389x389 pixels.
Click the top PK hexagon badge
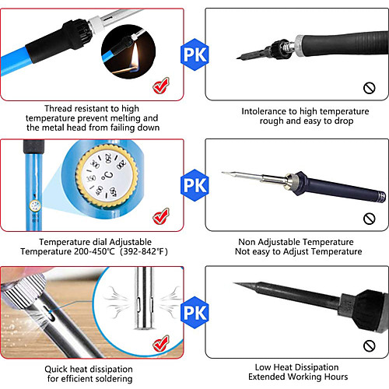click(x=194, y=54)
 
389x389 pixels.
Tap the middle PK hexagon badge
click(x=194, y=185)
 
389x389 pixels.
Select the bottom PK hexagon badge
click(x=194, y=313)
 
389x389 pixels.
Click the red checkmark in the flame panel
click(x=161, y=86)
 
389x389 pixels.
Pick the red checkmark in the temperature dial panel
click(x=161, y=216)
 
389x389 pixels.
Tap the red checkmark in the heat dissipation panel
click(x=161, y=343)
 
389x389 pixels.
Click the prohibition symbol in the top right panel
click(x=370, y=88)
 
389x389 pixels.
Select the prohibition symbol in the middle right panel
click(x=370, y=219)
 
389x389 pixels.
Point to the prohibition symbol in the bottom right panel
click(x=370, y=345)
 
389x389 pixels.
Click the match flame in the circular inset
click(x=135, y=57)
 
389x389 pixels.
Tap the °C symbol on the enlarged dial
click(x=107, y=176)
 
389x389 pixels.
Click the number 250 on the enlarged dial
click(x=108, y=158)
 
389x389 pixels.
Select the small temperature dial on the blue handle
click(x=35, y=206)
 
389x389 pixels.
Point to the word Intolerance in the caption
click(x=264, y=111)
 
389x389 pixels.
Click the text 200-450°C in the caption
click(x=94, y=251)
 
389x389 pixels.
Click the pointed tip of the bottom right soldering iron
click(x=234, y=283)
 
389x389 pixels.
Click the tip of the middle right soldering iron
click(x=223, y=172)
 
